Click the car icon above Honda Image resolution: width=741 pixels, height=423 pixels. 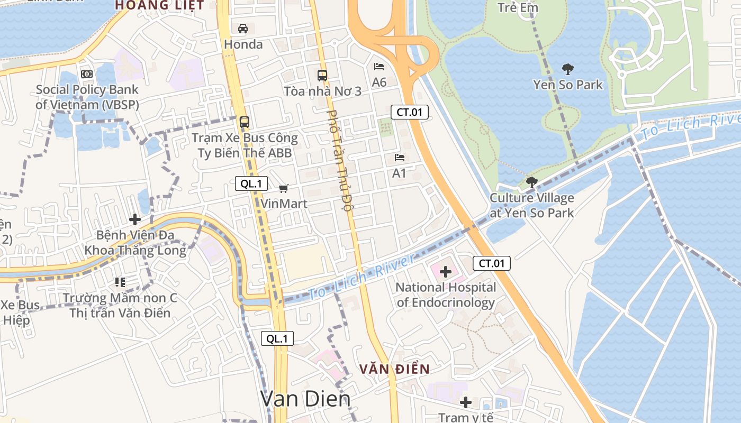pyautogui.click(x=243, y=29)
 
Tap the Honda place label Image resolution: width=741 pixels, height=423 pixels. pyautogui.click(x=243, y=44)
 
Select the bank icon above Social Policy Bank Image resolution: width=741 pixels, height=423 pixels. pyautogui.click(x=86, y=75)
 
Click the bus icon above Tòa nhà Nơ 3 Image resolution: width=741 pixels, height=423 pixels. pyautogui.click(x=322, y=76)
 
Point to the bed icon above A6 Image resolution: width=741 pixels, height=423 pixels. pyautogui.click(x=379, y=67)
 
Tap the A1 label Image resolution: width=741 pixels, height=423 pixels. pyautogui.click(x=399, y=173)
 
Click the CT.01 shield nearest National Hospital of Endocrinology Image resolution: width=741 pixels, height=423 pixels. pyautogui.click(x=492, y=263)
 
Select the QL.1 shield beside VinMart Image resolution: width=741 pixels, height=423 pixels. pyautogui.click(x=251, y=184)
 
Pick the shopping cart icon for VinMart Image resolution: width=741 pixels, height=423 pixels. pyautogui.click(x=284, y=188)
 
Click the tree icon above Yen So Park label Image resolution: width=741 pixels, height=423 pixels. pyautogui.click(x=568, y=69)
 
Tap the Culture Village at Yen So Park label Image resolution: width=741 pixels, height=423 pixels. pyautogui.click(x=531, y=206)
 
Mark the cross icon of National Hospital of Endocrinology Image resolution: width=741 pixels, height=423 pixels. pyautogui.click(x=446, y=272)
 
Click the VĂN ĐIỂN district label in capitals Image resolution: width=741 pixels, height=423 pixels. pyautogui.click(x=394, y=369)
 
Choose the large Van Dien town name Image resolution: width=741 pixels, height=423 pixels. pyautogui.click(x=305, y=399)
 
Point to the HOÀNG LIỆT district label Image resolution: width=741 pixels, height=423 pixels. pyautogui.click(x=159, y=5)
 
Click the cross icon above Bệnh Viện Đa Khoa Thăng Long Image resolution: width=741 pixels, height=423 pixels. pyautogui.click(x=135, y=219)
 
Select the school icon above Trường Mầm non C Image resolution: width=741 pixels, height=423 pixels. pyautogui.click(x=120, y=282)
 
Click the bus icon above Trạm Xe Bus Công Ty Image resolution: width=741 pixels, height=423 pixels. pyautogui.click(x=244, y=122)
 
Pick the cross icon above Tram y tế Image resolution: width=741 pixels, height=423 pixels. pyautogui.click(x=466, y=402)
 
